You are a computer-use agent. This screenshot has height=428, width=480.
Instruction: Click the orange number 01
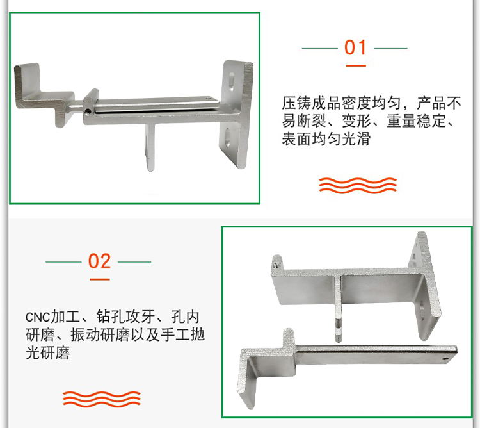355,47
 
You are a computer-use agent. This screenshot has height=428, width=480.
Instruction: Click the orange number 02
99,261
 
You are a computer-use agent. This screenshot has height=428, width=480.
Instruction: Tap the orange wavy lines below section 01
358,185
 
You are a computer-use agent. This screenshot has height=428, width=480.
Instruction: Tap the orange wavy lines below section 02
102,399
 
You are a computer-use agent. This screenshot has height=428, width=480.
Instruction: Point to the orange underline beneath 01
356,65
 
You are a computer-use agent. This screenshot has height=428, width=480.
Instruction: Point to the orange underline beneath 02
100,279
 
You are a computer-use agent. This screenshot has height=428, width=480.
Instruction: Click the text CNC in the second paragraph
37,317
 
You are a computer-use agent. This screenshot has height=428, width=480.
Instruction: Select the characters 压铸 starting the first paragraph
296,103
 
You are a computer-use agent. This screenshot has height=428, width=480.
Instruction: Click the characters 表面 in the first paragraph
296,139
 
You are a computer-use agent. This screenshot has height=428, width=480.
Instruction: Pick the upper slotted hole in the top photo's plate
231,82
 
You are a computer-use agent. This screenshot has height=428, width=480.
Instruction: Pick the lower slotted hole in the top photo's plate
228,136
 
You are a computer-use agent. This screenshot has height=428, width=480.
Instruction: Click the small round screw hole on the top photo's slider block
88,111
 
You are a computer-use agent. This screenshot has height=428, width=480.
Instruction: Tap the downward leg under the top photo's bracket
150,147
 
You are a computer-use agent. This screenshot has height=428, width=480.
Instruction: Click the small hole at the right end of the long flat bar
444,359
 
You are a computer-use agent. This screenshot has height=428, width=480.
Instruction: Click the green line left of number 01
319,48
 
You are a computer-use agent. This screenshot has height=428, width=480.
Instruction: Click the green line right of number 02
134,262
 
